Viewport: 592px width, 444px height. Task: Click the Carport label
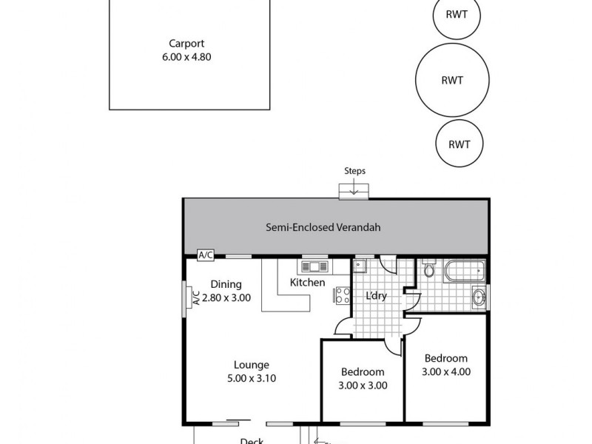[x=186, y=43]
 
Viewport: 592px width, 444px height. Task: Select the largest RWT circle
[x=452, y=81]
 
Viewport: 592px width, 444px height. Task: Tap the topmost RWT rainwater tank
[x=456, y=16]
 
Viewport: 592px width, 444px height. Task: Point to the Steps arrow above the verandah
[x=354, y=192]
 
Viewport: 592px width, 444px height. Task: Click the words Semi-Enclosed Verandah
[x=323, y=228]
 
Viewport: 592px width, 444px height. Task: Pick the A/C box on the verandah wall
[x=206, y=255]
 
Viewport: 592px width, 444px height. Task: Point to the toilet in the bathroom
[x=429, y=270]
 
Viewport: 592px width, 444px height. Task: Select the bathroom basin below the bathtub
[x=479, y=297]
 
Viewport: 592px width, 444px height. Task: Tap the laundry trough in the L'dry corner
[x=360, y=264]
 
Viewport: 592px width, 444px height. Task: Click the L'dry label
[x=377, y=296]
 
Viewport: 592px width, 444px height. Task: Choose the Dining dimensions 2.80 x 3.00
[x=226, y=298]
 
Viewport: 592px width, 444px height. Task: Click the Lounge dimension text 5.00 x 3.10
[x=252, y=377]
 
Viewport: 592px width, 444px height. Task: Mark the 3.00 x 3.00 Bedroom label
[x=363, y=385]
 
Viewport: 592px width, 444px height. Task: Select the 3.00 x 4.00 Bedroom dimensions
[x=446, y=371]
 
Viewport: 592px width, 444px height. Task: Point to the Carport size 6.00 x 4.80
[x=186, y=57]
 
